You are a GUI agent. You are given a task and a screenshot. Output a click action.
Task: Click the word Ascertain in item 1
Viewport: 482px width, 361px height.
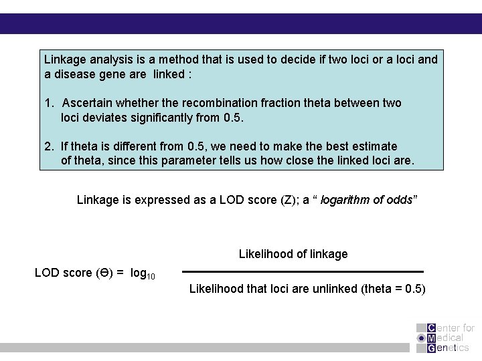tap(89, 103)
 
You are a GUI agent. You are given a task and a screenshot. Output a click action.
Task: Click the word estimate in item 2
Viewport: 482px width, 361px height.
tap(374, 146)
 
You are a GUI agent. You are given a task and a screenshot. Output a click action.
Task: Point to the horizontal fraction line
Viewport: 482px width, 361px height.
tap(303, 272)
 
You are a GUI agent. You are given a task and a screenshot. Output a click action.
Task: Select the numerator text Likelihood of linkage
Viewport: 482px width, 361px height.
tap(293, 254)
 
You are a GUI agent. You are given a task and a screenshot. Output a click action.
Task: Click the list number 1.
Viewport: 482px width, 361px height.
tap(48, 103)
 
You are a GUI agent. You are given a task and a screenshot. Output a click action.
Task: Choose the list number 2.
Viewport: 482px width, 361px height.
tap(48, 146)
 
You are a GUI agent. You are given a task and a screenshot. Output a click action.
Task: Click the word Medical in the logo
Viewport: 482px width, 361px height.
tap(449, 338)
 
